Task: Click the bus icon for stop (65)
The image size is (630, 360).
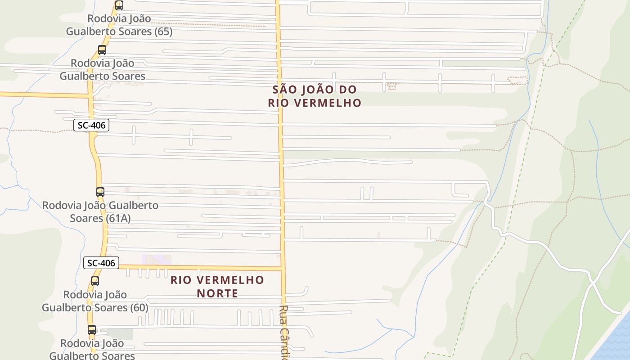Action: coord(119,5)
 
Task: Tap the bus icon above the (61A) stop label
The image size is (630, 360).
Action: coord(100,192)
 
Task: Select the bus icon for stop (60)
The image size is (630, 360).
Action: coord(95,281)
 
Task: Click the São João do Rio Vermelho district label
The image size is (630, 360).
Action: coord(315,96)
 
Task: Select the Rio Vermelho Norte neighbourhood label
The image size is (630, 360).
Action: coord(217,287)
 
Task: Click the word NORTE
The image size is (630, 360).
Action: coord(217,293)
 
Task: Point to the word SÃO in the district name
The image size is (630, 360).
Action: coord(285,89)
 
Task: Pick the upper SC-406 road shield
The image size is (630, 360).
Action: coord(91,125)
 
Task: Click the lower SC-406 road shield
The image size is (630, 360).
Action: coord(101,263)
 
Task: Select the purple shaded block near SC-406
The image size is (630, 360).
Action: coord(153,260)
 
